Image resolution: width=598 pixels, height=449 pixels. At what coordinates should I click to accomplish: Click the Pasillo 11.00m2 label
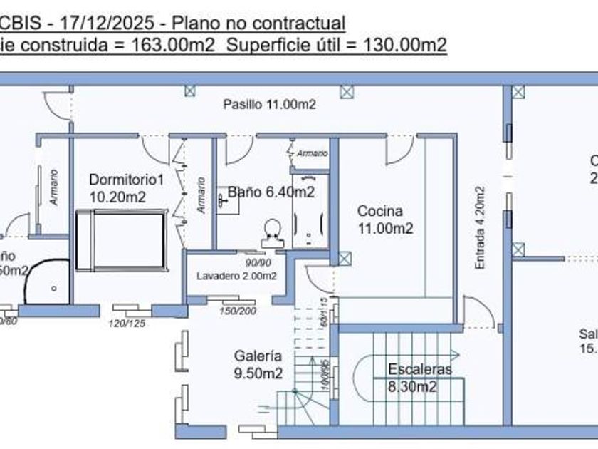(269, 104)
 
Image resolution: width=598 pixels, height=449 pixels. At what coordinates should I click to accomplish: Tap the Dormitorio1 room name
(126, 180)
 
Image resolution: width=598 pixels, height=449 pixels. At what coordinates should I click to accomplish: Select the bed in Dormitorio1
(122, 240)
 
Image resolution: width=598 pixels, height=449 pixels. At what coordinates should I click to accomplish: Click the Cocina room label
(379, 211)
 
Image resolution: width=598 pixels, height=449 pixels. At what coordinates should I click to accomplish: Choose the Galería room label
(258, 356)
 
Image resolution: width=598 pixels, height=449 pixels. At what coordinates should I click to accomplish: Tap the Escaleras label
(420, 369)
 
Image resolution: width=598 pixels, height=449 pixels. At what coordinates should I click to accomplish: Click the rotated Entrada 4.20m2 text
(480, 228)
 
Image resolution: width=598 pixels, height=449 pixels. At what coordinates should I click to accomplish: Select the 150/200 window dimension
(237, 311)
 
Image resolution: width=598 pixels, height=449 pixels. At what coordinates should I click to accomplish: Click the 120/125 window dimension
(126, 324)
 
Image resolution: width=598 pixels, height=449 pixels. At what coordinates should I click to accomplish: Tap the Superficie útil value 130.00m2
(405, 46)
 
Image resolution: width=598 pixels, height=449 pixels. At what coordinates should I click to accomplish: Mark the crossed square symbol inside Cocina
(345, 258)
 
